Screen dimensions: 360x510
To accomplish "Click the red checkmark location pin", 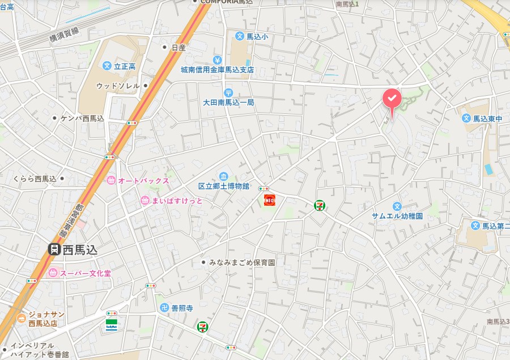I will click(392, 99).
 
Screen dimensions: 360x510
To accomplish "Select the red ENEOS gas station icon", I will click(270, 200).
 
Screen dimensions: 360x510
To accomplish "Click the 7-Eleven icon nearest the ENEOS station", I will click(320, 206).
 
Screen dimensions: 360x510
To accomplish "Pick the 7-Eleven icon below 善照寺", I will click(202, 327).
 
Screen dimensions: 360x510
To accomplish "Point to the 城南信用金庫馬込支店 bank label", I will click(217, 70).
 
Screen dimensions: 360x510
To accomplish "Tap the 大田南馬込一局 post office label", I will click(228, 103).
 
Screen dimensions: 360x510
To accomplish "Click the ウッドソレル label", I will click(118, 86).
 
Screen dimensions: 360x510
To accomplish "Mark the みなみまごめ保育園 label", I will click(241, 263).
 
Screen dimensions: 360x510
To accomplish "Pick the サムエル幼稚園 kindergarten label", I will click(397, 217).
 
